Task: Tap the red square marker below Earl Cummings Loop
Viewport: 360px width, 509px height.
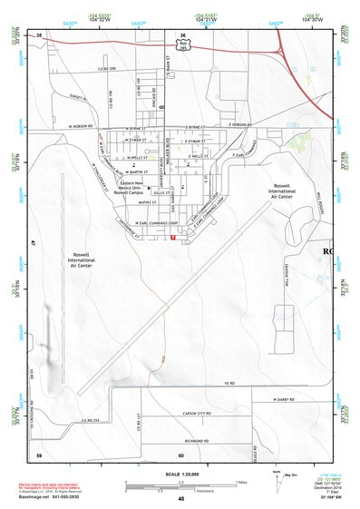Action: (x=172, y=238)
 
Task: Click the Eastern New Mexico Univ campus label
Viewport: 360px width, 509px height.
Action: (x=126, y=190)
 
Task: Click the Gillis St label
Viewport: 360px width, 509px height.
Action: (x=162, y=192)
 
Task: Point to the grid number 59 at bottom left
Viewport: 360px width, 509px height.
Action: (x=39, y=455)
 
